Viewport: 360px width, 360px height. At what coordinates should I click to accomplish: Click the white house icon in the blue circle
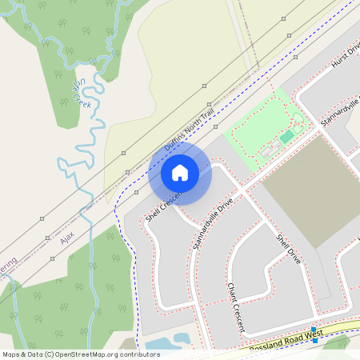(x=180, y=173)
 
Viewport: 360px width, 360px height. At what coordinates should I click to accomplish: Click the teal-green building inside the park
(x=286, y=138)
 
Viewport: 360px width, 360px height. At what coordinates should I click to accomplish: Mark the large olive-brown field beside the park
(x=312, y=188)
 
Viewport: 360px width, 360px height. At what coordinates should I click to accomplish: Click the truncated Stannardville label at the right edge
(x=340, y=112)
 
